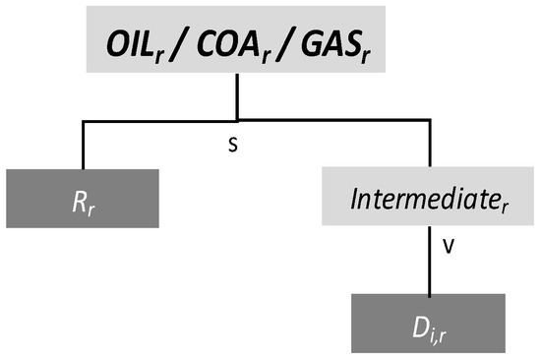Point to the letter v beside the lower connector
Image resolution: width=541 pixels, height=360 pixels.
click(449, 249)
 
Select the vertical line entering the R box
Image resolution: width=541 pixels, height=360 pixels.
click(83, 146)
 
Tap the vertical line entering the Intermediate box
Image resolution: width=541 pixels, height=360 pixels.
click(430, 146)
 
